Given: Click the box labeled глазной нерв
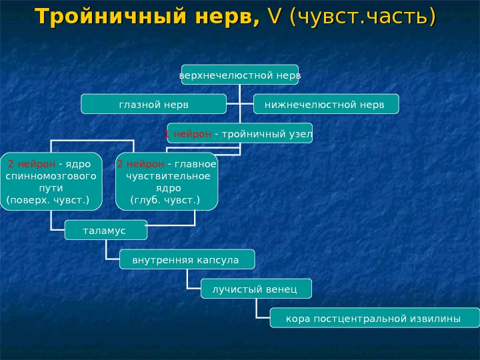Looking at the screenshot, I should pyautogui.click(x=153, y=105).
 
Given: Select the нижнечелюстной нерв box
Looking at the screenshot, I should pyautogui.click(x=326, y=105).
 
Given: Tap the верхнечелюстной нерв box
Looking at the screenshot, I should pyautogui.click(x=240, y=75).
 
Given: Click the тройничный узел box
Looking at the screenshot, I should pyautogui.click(x=239, y=134).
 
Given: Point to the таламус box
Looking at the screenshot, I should pyautogui.click(x=105, y=230).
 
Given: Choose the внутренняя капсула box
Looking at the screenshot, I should pyautogui.click(x=187, y=259).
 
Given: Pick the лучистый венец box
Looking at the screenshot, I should pyautogui.click(x=256, y=289).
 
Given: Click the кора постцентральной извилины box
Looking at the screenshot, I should pyautogui.click(x=374, y=318).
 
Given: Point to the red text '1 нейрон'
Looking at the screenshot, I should pyautogui.click(x=189, y=134).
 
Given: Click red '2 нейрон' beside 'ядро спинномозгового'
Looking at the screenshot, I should pyautogui.click(x=31, y=164).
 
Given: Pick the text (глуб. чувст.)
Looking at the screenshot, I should pyautogui.click(x=164, y=200).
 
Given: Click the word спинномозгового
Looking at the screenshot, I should pyautogui.click(x=51, y=176).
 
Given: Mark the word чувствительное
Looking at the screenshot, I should pyautogui.click(x=168, y=176).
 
